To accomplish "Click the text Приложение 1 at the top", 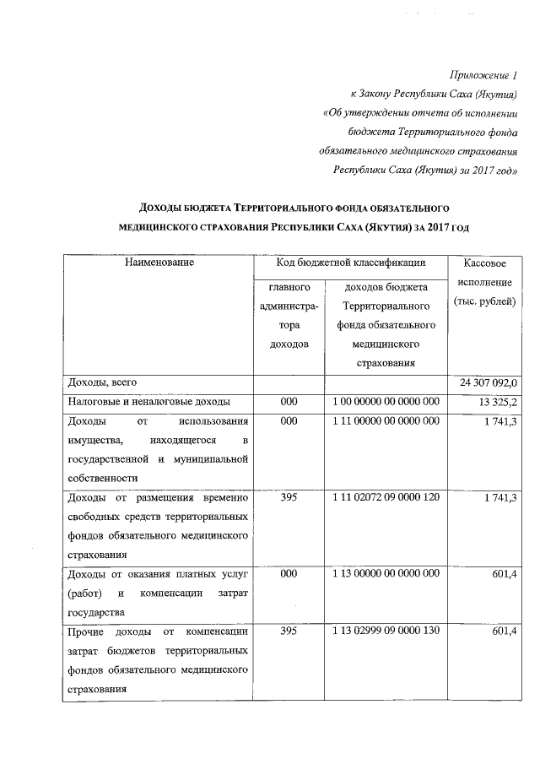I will click(x=485, y=77).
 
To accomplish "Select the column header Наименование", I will click(x=159, y=263).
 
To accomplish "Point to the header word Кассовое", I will click(x=484, y=264).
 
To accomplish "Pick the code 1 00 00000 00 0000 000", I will click(x=385, y=402).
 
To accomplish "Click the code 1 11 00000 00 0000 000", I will click(x=385, y=421).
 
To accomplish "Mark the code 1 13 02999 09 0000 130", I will click(x=385, y=631).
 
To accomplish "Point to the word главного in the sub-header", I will click(x=289, y=287).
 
